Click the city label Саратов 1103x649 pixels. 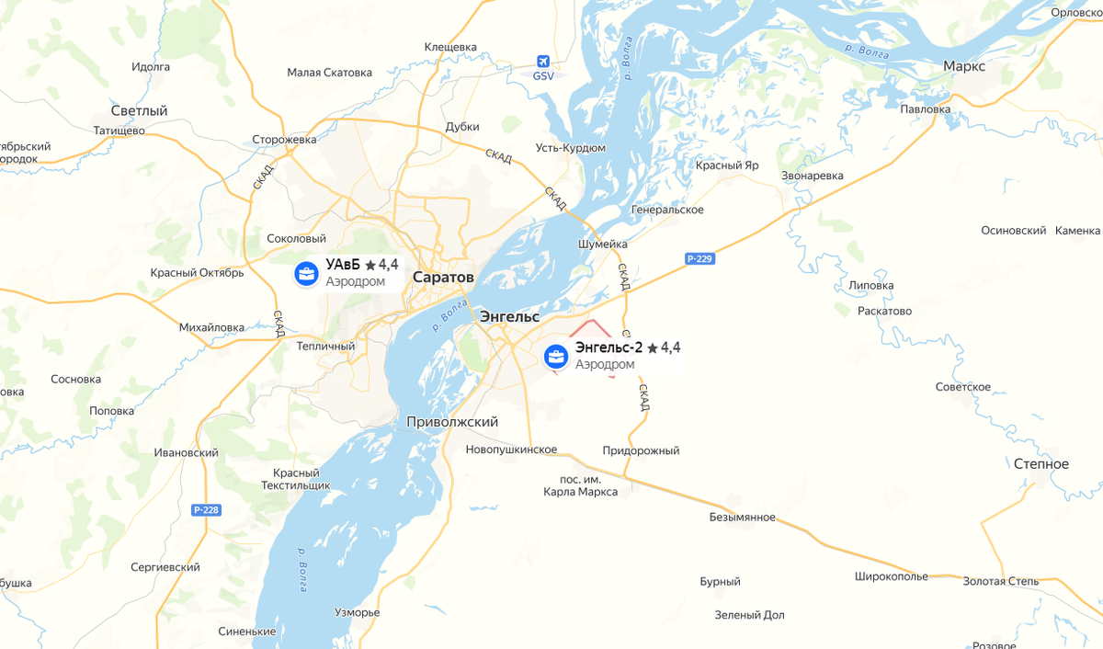(x=443, y=277)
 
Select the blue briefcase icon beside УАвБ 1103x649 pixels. (x=306, y=273)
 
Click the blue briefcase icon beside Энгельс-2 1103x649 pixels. (x=555, y=356)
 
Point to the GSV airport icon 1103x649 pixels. (x=544, y=62)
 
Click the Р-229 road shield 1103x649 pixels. (x=699, y=259)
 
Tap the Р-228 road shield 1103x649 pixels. (x=205, y=509)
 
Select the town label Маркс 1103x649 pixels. (x=964, y=66)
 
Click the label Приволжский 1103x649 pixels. (x=452, y=422)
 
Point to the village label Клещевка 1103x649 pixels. (x=450, y=47)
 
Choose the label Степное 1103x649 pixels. (x=1041, y=464)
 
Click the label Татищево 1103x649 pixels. (x=119, y=131)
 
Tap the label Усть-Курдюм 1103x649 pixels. (x=571, y=148)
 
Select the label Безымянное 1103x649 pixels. (x=742, y=518)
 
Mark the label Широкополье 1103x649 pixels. (x=891, y=576)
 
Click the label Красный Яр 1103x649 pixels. (x=726, y=165)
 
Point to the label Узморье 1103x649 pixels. (x=357, y=612)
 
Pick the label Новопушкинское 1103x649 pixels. (x=511, y=450)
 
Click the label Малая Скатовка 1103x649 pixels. (x=329, y=73)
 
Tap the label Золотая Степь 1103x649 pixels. (x=1000, y=581)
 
